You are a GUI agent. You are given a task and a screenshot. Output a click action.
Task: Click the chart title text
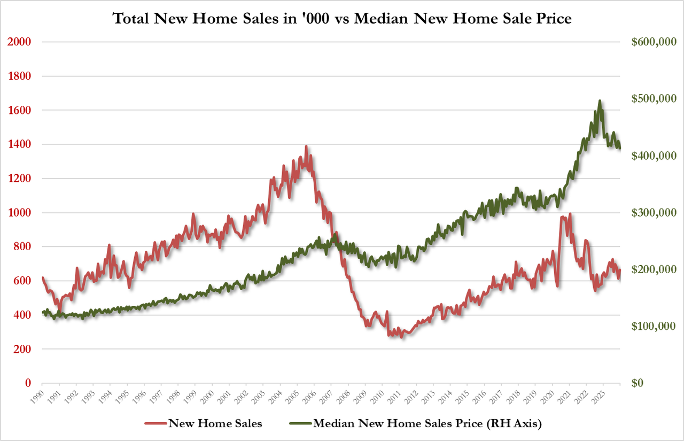pyautogui.click(x=342, y=19)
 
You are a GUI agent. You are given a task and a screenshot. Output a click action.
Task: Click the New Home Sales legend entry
pyautogui.click(x=215, y=424)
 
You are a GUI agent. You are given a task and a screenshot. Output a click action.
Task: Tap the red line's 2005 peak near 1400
pyautogui.click(x=306, y=146)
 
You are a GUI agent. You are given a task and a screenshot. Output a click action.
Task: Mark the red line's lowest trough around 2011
pyautogui.click(x=401, y=337)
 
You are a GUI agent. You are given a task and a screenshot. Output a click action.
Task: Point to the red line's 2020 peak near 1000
pyautogui.click(x=570, y=214)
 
